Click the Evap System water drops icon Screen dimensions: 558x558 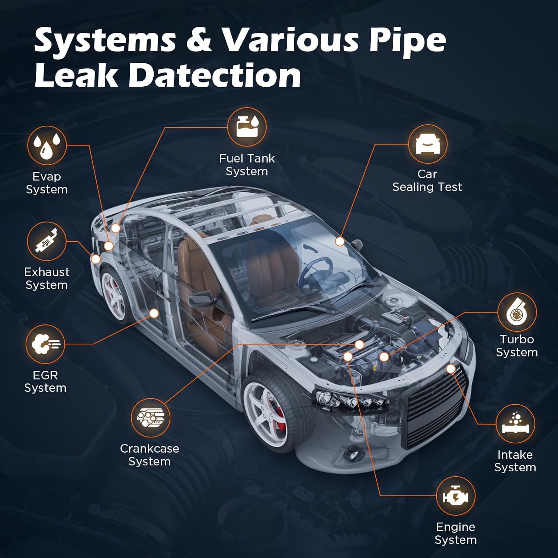(47, 145)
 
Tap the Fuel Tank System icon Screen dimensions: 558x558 (247, 127)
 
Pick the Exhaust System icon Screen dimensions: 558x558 (46, 241)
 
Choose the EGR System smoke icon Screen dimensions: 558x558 (45, 344)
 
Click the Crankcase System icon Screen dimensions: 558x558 (150, 417)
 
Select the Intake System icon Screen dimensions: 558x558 (516, 424)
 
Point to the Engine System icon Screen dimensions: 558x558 (456, 496)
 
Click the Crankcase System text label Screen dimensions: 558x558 (150, 455)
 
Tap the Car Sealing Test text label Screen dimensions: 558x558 (427, 180)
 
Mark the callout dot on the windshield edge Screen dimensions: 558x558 (340, 241)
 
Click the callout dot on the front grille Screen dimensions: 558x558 (451, 369)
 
